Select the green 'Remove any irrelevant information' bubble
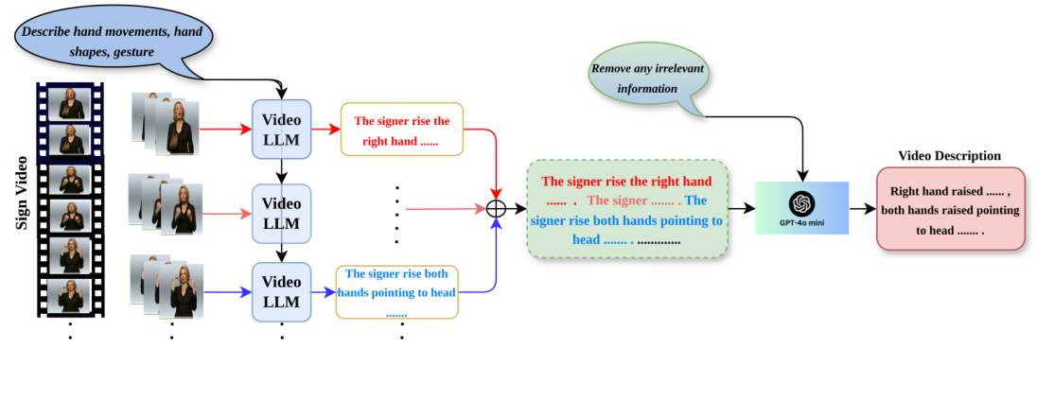tap(647, 78)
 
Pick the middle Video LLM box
tap(281, 213)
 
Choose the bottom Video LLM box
tap(281, 291)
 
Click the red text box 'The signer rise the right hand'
tap(401, 130)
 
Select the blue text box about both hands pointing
tap(396, 292)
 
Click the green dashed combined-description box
tap(626, 209)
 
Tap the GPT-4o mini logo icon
tap(801, 203)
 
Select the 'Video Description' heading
tap(949, 156)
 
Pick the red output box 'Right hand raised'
tap(950, 209)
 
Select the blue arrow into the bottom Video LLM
tap(227, 291)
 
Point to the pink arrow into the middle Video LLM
tap(227, 213)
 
